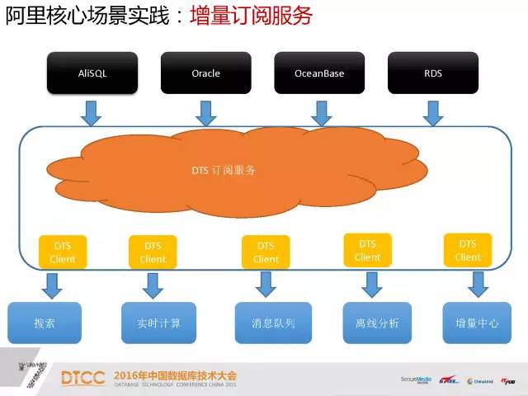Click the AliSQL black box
point(92,73)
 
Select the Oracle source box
point(205,73)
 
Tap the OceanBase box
point(319,73)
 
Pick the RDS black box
point(432,73)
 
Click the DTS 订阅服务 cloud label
point(223,170)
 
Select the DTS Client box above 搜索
point(63,252)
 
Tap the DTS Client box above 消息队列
point(266,252)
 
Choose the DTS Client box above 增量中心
point(468,250)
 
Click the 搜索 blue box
point(45,323)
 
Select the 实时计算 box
point(158,323)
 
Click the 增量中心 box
point(476,323)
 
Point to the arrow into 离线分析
point(371,284)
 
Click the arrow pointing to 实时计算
point(153,285)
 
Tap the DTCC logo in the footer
point(83,378)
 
